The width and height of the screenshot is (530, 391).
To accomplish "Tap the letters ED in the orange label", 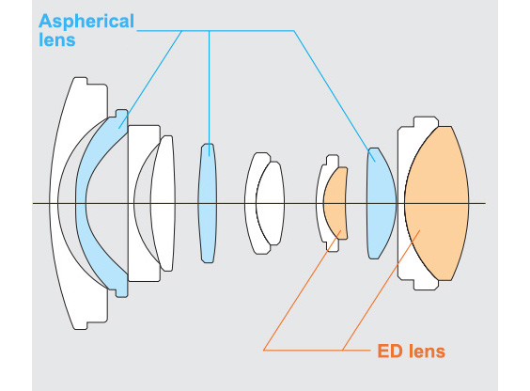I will (x=380, y=352).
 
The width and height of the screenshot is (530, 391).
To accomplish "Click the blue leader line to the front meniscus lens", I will (x=150, y=75).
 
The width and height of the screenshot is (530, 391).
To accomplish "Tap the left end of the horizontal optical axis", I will (x=34, y=203).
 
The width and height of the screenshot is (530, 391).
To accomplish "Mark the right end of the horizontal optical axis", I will (x=484, y=203).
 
